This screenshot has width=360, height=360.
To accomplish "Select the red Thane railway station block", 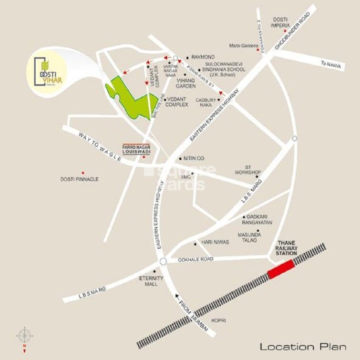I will click(x=281, y=270).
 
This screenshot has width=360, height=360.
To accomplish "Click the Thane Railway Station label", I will click(x=287, y=248).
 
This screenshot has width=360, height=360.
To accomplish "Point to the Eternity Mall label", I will click(x=154, y=281).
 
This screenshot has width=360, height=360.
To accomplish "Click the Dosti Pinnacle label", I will click(x=80, y=179).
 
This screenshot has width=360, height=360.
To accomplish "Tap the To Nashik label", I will click(x=331, y=65).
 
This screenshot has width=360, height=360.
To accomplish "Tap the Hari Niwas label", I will click(x=215, y=242).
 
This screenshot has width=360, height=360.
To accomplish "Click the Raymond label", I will click(x=203, y=57).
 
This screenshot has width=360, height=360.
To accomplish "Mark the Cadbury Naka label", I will click(x=206, y=103).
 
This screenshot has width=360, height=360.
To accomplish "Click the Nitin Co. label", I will click(x=194, y=158).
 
